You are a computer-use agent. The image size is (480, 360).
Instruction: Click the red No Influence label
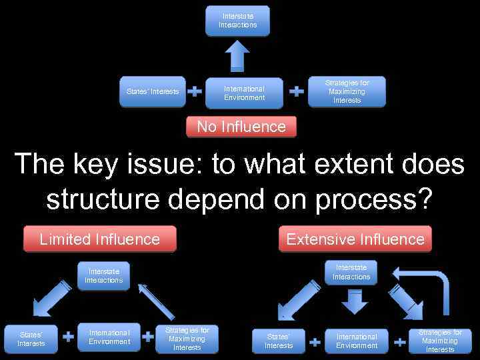241,127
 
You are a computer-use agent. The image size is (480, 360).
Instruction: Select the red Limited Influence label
100,239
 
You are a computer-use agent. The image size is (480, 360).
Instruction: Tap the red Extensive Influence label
355,239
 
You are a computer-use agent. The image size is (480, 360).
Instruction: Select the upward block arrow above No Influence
237,55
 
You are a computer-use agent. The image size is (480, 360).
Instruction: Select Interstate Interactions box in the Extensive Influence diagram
351,273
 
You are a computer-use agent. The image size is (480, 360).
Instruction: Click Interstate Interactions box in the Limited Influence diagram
103,276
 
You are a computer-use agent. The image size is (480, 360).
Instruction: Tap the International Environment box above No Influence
244,93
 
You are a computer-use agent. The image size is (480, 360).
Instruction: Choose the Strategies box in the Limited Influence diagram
187,339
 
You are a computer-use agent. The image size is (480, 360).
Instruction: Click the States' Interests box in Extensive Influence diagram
279,341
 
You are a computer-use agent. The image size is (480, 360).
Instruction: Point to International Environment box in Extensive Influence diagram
357,341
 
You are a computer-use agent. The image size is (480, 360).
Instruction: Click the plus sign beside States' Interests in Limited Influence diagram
68,337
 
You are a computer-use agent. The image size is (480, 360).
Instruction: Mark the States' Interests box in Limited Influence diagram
31,339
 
